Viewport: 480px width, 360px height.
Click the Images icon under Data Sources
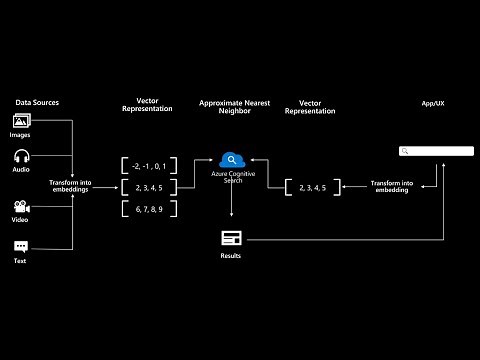coord(21,122)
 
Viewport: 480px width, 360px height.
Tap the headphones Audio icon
coord(21,157)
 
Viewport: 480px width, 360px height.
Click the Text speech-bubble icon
coord(21,246)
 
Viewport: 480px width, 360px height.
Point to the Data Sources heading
coord(38,102)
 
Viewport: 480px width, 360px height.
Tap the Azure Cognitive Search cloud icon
coord(232,158)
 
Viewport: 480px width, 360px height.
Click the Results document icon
coord(232,238)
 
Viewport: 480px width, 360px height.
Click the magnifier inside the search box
coord(405,151)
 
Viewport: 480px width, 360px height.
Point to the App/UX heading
coord(433,102)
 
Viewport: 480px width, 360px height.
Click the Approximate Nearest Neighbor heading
coord(232,106)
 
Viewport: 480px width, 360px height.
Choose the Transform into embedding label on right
coord(392,186)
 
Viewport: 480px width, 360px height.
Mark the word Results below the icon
coord(232,256)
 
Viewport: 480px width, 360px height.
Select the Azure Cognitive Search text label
coord(232,178)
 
